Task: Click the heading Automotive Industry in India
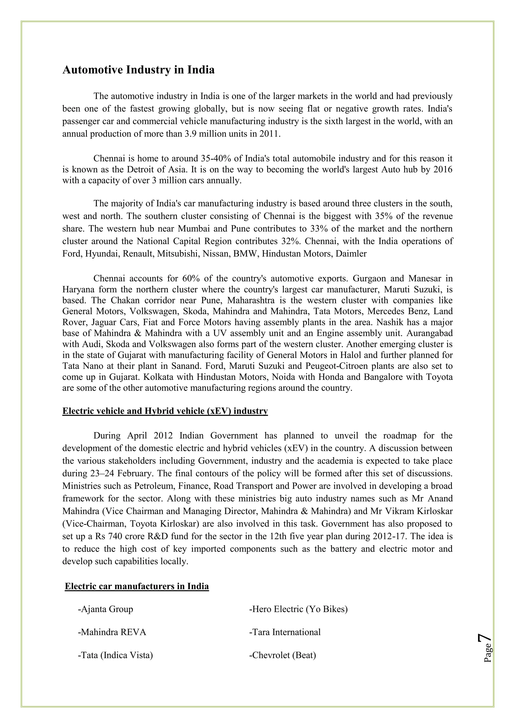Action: click(x=138, y=70)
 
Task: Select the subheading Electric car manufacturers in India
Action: click(x=137, y=586)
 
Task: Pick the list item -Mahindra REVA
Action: click(x=112, y=632)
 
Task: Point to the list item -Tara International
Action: click(x=285, y=632)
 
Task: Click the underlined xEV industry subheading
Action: click(x=165, y=411)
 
